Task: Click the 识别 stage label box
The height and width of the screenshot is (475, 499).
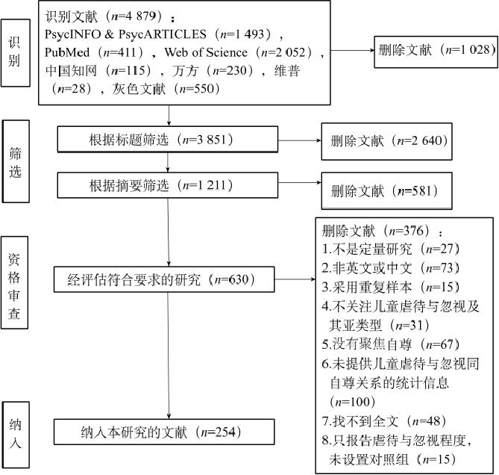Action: (15, 52)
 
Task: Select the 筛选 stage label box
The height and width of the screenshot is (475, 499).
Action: (16, 161)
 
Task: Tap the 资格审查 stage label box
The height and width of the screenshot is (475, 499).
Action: (14, 282)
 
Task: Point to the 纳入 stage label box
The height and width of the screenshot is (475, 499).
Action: (16, 435)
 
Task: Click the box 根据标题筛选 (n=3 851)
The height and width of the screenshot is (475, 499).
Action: (167, 139)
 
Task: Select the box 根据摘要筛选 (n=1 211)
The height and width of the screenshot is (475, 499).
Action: (167, 185)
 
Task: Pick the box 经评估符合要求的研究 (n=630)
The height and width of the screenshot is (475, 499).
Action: (164, 279)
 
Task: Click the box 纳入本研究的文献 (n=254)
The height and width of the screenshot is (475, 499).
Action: (164, 432)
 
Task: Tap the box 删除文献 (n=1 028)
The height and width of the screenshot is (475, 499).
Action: (436, 52)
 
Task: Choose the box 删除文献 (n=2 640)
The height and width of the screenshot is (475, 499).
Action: (386, 141)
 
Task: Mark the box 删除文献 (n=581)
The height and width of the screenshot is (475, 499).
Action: (386, 191)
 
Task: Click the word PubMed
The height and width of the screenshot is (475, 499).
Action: (67, 52)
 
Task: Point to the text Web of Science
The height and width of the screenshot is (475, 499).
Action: (206, 52)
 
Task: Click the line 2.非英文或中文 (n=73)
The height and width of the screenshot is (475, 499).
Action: (391, 268)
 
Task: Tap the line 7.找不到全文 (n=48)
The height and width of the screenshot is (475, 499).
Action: (384, 421)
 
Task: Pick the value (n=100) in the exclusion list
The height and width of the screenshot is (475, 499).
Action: (353, 402)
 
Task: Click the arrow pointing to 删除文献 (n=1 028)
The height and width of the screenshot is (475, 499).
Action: (353, 50)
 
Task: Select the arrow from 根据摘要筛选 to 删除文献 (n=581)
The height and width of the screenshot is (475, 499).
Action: (300, 182)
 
